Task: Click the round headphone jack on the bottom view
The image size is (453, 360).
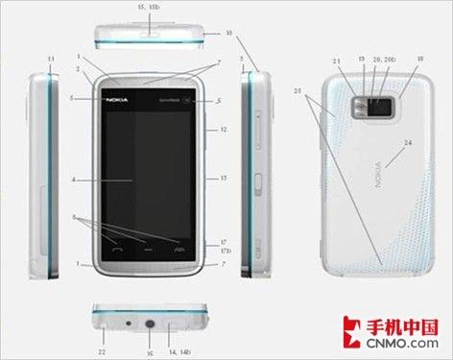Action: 150,324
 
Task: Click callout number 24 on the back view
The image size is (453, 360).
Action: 408,143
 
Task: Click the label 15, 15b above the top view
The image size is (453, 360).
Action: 149,7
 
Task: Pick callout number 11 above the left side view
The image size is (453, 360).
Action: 49,60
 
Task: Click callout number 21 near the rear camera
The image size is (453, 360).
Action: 337,61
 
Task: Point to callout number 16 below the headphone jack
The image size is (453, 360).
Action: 150,352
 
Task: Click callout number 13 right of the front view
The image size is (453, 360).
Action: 223,179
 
